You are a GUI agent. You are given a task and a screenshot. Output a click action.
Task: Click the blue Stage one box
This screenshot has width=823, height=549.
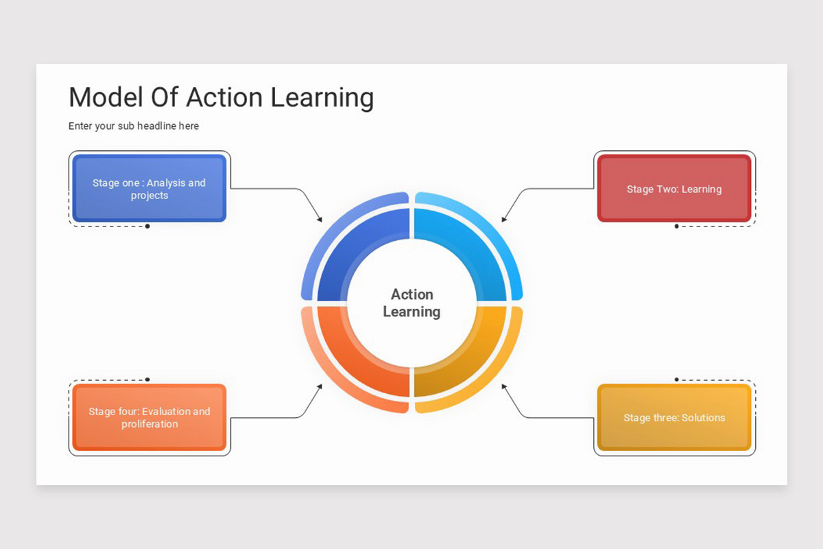click(149, 189)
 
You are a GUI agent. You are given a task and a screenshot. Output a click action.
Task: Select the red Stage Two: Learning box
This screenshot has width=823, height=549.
click(673, 189)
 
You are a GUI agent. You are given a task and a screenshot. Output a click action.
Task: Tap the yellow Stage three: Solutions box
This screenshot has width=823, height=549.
click(673, 417)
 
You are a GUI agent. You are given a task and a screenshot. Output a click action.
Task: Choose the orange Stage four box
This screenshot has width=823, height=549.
click(149, 417)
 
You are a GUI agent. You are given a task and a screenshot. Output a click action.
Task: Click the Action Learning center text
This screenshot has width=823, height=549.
click(411, 303)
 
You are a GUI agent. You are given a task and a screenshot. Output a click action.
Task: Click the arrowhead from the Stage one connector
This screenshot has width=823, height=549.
click(319, 219)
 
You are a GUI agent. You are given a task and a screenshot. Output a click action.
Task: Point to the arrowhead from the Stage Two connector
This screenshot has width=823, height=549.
click(504, 219)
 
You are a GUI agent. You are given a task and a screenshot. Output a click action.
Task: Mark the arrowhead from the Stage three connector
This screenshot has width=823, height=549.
click(504, 386)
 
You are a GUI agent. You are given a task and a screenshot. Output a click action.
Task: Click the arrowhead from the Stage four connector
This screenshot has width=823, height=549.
click(319, 386)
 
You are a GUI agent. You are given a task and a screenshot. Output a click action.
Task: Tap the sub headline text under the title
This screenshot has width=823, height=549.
click(134, 126)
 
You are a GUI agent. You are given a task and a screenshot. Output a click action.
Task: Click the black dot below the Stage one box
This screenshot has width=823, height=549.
click(147, 226)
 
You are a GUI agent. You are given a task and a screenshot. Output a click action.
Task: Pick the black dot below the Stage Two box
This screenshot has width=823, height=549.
click(676, 226)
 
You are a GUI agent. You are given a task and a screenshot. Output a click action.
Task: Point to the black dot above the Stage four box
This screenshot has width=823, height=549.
click(147, 379)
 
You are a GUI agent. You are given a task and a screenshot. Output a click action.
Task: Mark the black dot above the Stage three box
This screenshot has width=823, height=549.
click(676, 379)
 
